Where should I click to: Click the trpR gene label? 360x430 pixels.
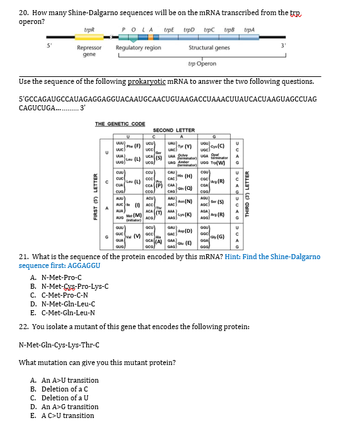90,29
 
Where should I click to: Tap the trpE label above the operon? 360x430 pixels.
169,29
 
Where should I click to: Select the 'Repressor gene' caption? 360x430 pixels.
89,51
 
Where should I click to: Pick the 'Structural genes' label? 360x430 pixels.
209,48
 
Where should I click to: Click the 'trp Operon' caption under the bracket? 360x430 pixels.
202,64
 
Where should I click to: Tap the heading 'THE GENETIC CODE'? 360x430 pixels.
120,124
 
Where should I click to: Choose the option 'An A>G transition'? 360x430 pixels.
64,407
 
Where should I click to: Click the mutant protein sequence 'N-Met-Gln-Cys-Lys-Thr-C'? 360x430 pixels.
59,344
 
